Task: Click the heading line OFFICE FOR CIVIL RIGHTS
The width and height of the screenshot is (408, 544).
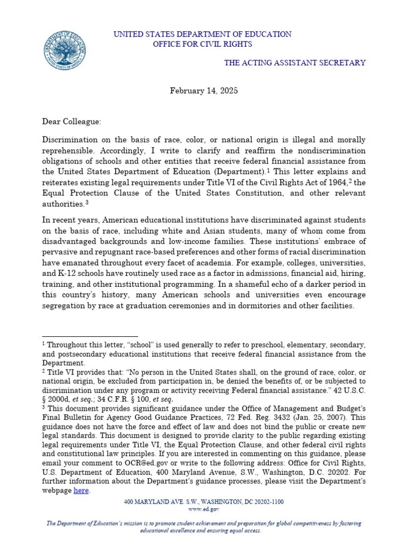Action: click(202, 44)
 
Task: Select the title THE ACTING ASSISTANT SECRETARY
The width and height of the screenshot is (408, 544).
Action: click(294, 63)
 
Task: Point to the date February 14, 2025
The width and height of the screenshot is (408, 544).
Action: click(204, 90)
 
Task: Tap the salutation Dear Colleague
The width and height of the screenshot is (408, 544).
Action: click(71, 122)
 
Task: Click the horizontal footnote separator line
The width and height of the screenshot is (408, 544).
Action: click(90, 336)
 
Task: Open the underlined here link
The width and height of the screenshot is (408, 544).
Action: click(81, 490)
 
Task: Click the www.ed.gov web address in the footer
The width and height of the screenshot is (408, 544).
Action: click(204, 508)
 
